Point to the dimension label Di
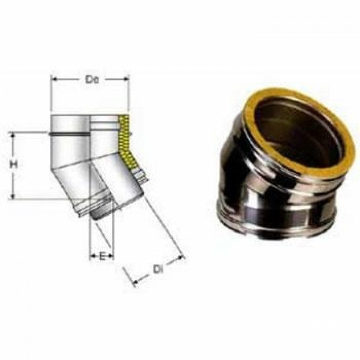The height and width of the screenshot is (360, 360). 156,269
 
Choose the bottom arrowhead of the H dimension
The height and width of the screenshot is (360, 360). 14,196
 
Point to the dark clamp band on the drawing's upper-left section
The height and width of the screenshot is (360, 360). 68,134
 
